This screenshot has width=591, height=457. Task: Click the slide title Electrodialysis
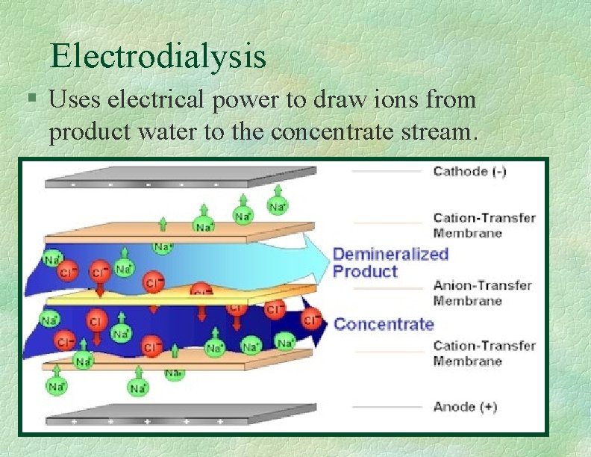point(157,56)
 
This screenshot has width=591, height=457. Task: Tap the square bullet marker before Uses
point(31,99)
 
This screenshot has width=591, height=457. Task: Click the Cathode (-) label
point(469,171)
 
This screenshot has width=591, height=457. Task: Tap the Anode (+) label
point(464,407)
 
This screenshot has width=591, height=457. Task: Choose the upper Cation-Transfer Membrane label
point(484,225)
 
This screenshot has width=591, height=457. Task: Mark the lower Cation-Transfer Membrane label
point(484,353)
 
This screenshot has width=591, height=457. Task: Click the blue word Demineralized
point(390,254)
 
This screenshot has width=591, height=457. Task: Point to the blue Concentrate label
point(384,324)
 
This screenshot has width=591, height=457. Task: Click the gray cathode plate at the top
point(179,178)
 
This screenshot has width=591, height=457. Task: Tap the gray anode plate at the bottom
point(179,414)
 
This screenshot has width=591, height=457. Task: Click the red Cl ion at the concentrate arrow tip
point(311,319)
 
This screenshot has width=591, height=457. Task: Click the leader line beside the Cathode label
point(386,172)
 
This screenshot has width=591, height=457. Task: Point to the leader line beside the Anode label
point(386,408)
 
